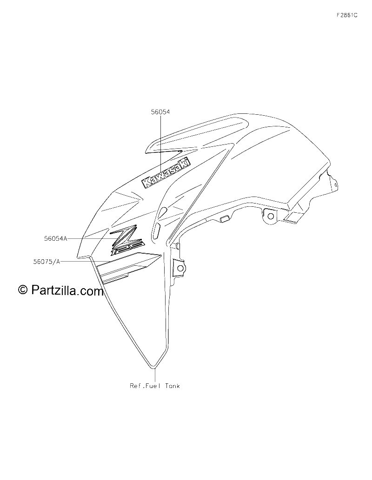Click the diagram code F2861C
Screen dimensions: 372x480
(x=347, y=15)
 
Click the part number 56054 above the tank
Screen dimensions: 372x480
(x=160, y=112)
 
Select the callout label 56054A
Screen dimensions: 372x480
(x=55, y=239)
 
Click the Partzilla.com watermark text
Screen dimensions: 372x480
(x=67, y=290)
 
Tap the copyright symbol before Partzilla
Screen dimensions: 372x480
(x=23, y=289)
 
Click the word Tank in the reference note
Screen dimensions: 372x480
(x=173, y=386)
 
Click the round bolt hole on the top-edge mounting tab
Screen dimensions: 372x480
(x=271, y=217)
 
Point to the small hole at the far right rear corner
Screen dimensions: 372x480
(x=336, y=185)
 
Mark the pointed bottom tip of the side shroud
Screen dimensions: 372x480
(x=153, y=368)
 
